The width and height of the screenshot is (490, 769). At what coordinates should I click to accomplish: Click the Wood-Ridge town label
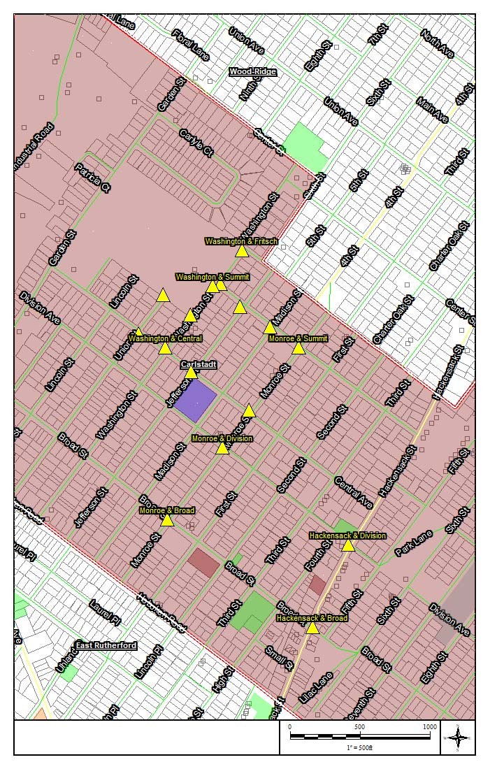(253, 72)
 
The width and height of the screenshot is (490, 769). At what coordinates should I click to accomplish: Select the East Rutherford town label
(106, 645)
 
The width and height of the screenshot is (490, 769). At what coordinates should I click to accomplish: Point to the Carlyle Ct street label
(196, 143)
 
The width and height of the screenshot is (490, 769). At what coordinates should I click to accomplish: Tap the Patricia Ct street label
(93, 178)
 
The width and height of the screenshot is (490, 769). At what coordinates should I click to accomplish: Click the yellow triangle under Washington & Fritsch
(242, 251)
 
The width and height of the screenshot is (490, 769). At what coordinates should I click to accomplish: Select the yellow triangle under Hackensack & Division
(348, 545)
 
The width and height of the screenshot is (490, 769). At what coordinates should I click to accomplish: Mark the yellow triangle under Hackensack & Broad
(312, 628)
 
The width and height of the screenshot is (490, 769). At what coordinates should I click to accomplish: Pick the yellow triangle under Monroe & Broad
(167, 519)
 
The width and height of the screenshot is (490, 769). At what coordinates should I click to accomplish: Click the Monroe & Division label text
(222, 438)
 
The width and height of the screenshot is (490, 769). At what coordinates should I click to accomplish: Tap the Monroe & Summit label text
(298, 338)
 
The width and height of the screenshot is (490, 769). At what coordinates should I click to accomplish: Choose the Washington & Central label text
(165, 338)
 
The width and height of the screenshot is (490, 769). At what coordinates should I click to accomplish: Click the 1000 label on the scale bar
(430, 727)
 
